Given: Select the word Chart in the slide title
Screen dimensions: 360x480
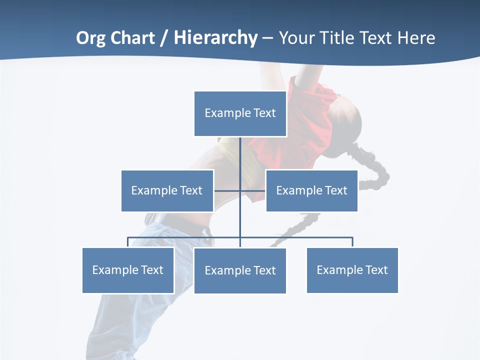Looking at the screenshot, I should (x=132, y=38).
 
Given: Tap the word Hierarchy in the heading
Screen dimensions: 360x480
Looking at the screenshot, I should (x=215, y=38).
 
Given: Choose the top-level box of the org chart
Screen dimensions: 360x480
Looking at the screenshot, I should (x=240, y=113).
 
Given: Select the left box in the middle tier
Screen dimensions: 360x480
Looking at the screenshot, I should (x=167, y=190).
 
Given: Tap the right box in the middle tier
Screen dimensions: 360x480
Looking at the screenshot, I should (x=311, y=190).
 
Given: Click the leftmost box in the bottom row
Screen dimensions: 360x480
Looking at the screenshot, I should (x=128, y=270).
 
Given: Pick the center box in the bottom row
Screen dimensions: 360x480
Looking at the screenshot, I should (x=240, y=270).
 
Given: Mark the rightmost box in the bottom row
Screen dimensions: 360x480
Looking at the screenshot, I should (x=352, y=270).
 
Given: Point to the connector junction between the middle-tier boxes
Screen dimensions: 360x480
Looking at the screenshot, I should (x=240, y=190).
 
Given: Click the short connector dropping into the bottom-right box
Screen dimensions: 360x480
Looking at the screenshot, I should (x=352, y=242).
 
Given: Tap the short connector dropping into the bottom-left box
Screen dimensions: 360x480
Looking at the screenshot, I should (x=128, y=242).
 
